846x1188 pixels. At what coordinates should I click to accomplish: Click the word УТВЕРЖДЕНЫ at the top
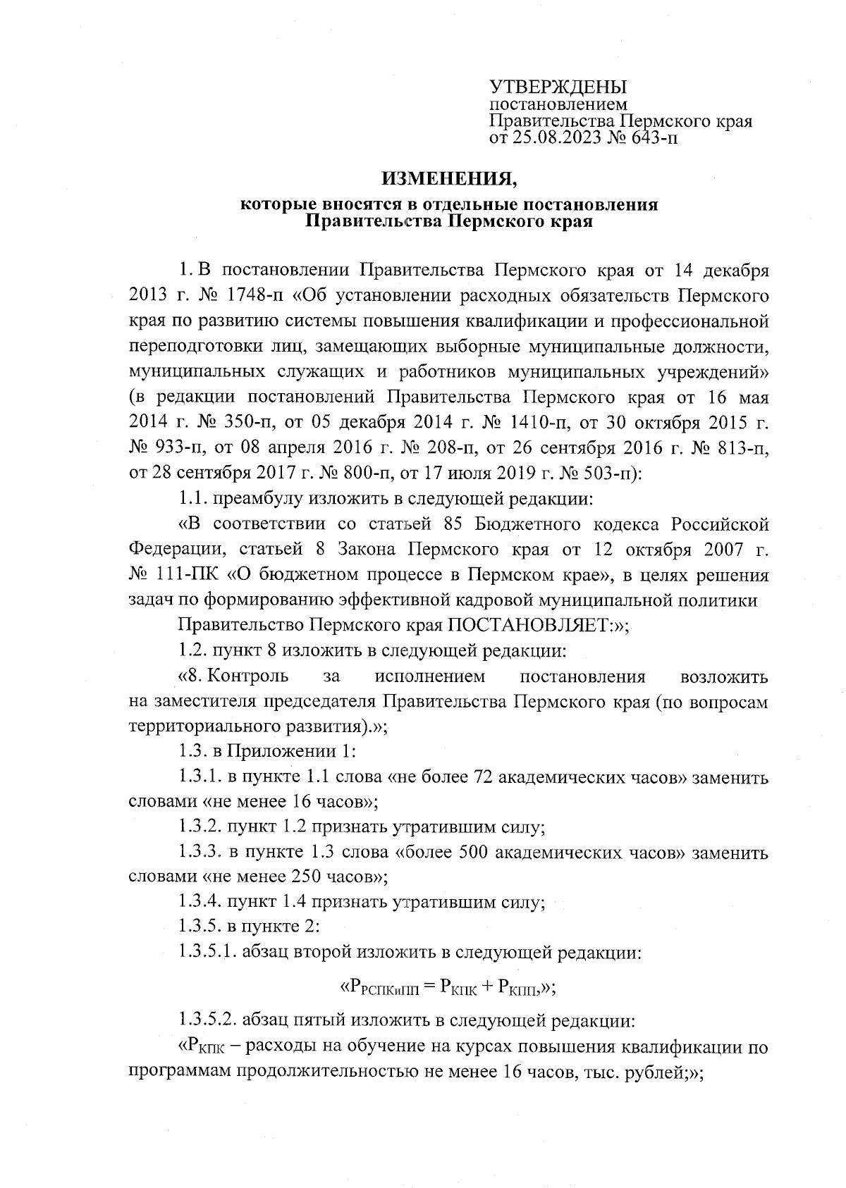click(x=558, y=88)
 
